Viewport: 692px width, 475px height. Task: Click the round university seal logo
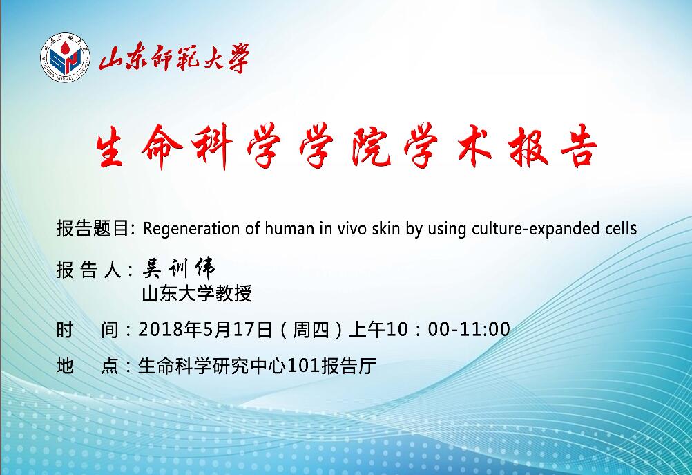click(x=66, y=57)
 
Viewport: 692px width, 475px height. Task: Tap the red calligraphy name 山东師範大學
click(x=174, y=58)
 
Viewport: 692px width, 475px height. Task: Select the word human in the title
click(x=285, y=228)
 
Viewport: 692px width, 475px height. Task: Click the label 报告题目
click(x=93, y=228)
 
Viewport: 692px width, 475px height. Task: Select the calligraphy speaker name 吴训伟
click(x=179, y=268)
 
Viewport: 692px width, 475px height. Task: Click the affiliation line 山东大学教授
click(x=196, y=293)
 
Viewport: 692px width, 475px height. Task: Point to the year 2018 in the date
click(x=160, y=329)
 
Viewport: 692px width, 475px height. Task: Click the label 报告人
click(x=88, y=270)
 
